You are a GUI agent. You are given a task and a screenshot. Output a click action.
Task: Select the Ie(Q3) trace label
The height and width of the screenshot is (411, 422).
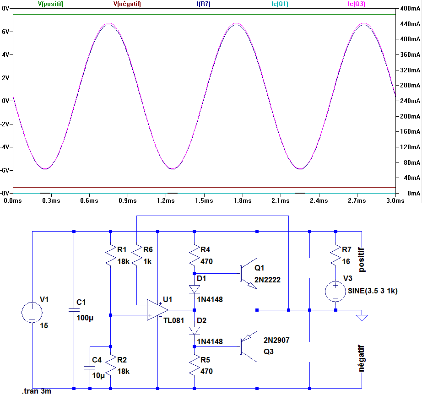pos(357,4)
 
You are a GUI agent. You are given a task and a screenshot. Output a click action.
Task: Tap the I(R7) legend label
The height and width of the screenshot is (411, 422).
pos(203,4)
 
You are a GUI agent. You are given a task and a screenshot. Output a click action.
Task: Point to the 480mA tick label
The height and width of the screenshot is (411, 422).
pos(409,9)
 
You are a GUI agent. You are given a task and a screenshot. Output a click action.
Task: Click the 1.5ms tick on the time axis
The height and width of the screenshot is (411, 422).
pos(204,200)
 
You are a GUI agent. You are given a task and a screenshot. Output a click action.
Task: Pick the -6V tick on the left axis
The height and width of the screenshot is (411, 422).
pos(5,170)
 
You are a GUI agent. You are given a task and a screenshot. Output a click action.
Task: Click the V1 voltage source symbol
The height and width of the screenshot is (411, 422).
pos(32,313)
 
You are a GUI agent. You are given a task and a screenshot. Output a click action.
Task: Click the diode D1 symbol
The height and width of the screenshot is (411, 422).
pos(195,289)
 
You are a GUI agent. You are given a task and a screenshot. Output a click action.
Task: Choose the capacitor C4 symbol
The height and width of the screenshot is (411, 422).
pos(90,368)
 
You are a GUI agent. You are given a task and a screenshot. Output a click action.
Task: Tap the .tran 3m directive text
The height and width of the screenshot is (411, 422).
pos(36,392)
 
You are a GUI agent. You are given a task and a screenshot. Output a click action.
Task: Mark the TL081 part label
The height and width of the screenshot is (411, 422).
pos(174,319)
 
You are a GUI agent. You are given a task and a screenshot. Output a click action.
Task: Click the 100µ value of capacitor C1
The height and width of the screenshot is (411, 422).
pos(85,318)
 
